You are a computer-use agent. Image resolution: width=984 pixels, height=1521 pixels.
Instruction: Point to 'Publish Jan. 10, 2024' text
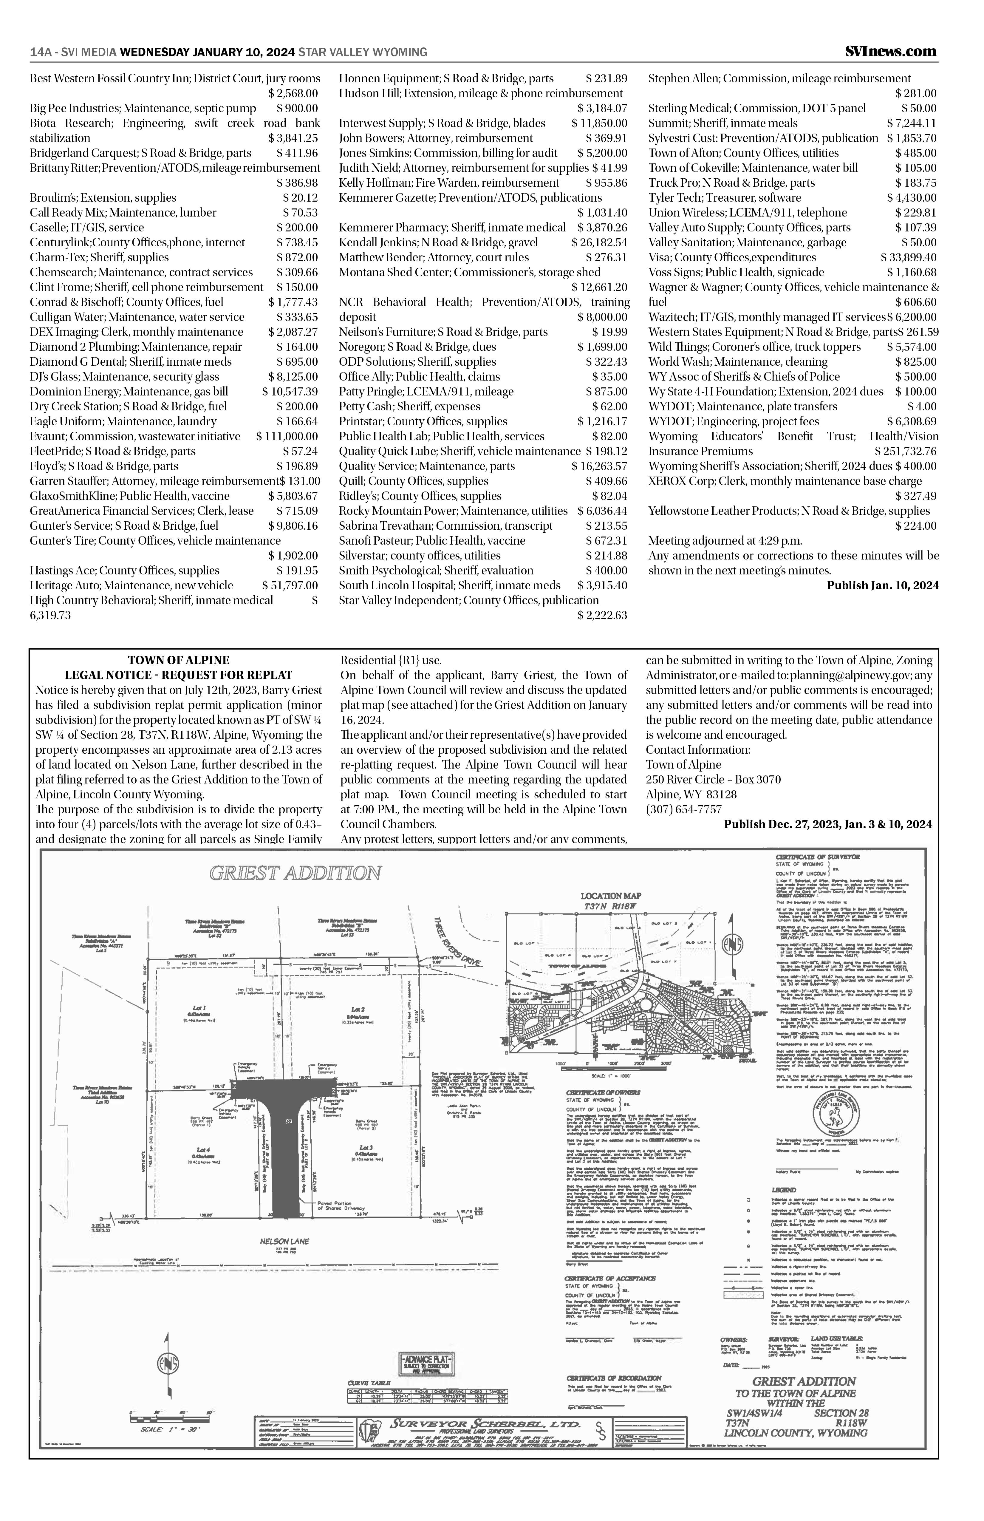[882, 585]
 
